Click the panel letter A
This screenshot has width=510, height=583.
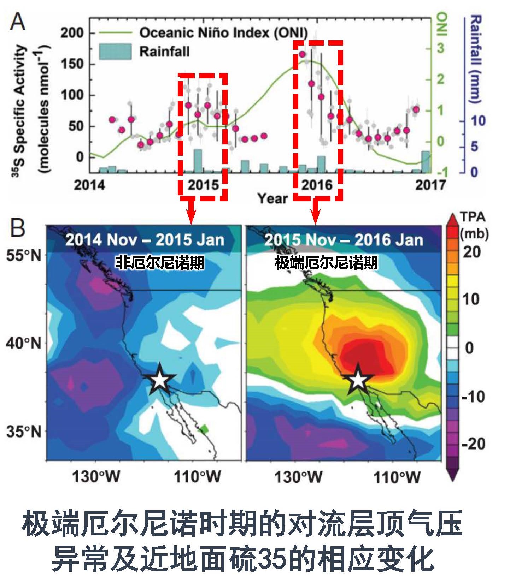pos(17,22)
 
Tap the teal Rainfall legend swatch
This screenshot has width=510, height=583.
pos(115,52)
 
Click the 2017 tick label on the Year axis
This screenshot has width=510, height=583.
pos(430,185)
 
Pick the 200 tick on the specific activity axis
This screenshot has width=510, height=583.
pos(72,33)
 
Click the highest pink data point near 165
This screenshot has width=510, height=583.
pos(302,54)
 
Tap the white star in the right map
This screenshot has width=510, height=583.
pos(358,380)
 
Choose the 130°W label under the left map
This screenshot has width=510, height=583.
pos(96,477)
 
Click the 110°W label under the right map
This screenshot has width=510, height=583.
pos(397,477)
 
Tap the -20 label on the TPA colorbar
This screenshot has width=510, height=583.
pos(473,443)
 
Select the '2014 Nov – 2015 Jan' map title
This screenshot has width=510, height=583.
pos(145,240)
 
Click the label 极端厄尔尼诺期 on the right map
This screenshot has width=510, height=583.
pos(326,263)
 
